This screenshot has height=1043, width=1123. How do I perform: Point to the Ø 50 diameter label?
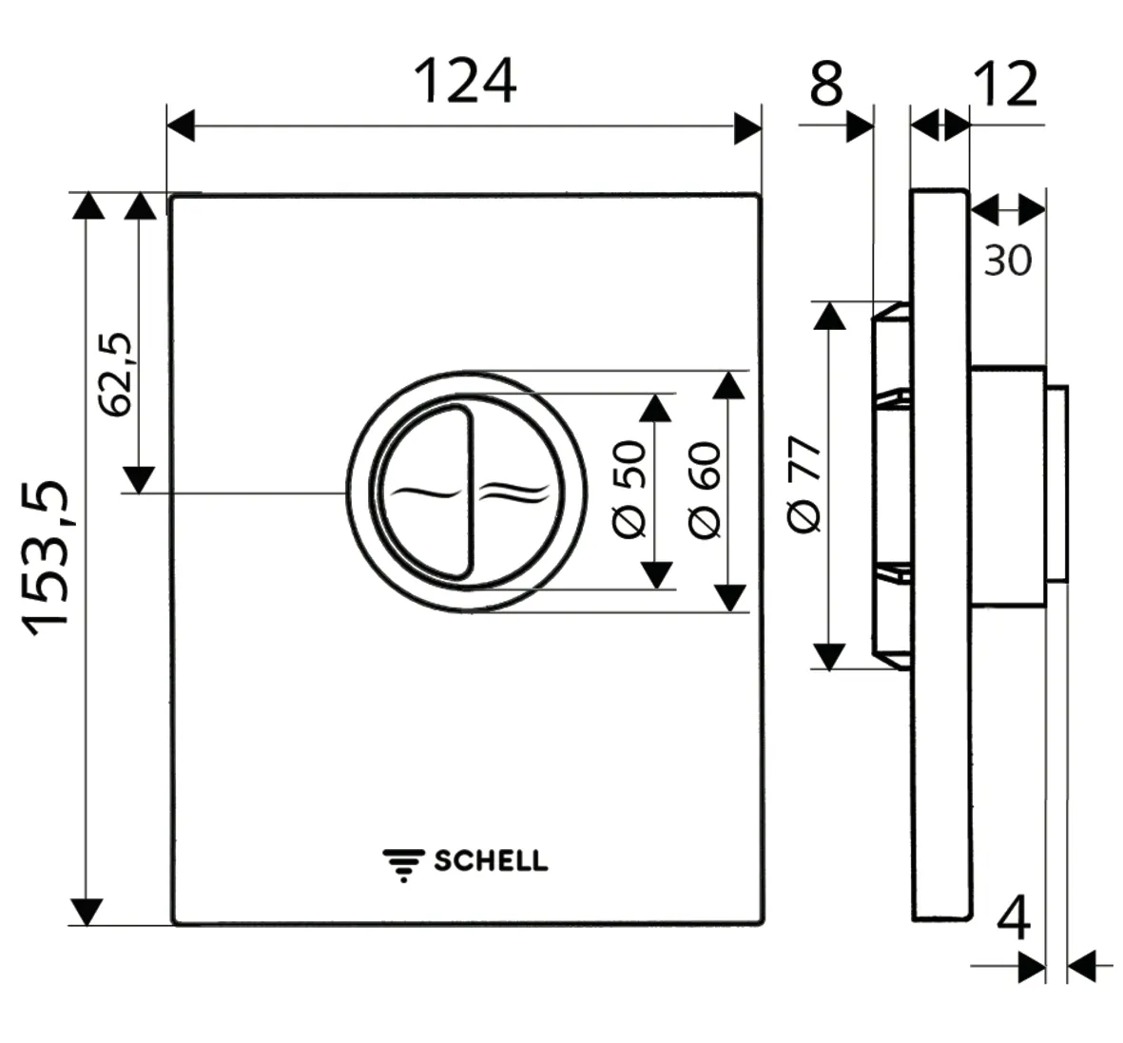[630, 490]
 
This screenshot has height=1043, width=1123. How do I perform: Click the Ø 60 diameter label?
[706, 490]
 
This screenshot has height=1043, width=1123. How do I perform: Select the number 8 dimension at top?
[826, 83]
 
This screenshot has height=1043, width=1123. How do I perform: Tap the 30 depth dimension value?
[1007, 260]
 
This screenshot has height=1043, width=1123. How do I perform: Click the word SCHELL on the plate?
[491, 861]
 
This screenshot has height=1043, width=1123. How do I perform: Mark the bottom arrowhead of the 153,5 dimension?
[87, 911]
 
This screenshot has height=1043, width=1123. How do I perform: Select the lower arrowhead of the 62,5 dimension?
[139, 479]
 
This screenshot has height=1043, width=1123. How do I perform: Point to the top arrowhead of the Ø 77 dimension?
[829, 316]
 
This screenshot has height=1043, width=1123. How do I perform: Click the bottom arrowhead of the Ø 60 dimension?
[729, 597]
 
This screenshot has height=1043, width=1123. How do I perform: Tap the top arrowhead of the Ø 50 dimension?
[654, 407]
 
